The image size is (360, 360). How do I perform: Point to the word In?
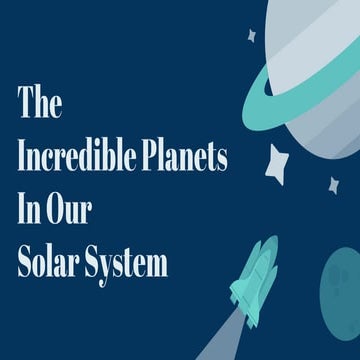(x=29, y=211)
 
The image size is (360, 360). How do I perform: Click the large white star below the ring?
(x=278, y=159)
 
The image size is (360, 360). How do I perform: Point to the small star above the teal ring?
(x=252, y=35)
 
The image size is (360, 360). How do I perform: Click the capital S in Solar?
(x=24, y=264)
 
